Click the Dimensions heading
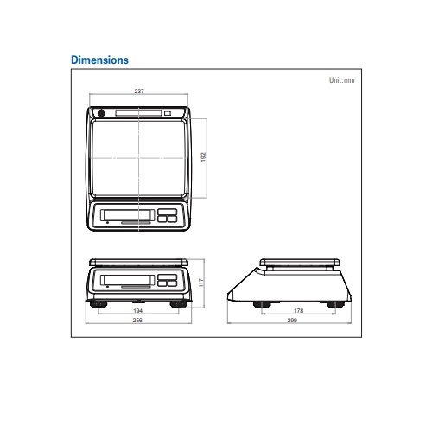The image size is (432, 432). pyautogui.click(x=99, y=60)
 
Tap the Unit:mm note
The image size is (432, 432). pyautogui.click(x=341, y=80)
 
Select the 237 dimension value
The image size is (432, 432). pyautogui.click(x=139, y=92)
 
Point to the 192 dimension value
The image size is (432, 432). pyautogui.click(x=203, y=157)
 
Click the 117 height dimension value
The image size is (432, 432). pyautogui.click(x=201, y=283)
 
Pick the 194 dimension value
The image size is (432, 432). pyautogui.click(x=138, y=311)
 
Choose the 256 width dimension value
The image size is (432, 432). pyautogui.click(x=137, y=320)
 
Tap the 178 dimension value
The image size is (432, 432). pyautogui.click(x=299, y=311)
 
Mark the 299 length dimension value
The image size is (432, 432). pyautogui.click(x=292, y=320)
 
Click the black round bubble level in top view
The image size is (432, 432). pyautogui.click(x=101, y=113)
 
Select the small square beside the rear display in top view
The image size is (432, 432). pyautogui.click(x=168, y=113)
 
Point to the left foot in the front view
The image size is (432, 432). pyautogui.click(x=98, y=304)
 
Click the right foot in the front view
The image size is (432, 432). pyautogui.click(x=179, y=304)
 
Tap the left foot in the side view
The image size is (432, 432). pyautogui.click(x=262, y=305)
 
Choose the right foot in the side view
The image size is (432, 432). pyautogui.click(x=335, y=305)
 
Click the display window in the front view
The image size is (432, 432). pyautogui.click(x=127, y=280)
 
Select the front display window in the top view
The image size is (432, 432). pyautogui.click(x=127, y=215)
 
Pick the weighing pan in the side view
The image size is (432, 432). pyautogui.click(x=300, y=263)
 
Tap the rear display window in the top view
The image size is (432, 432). pyautogui.click(x=138, y=113)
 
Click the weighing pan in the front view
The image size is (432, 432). pyautogui.click(x=138, y=263)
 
